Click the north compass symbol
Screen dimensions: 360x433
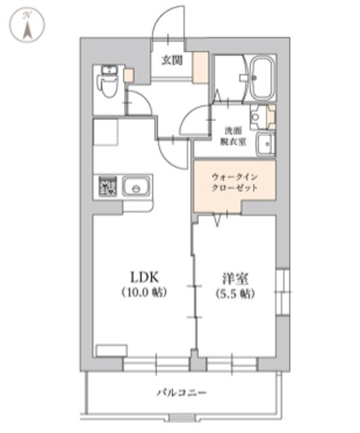(x=27, y=26)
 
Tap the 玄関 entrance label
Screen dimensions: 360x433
(x=172, y=60)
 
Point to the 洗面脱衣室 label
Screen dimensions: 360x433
(x=233, y=136)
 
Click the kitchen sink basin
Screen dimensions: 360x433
(x=136, y=187)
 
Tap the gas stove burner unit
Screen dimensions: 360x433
(x=108, y=187)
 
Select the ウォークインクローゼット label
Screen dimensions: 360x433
(x=234, y=182)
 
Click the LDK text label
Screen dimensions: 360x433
(x=144, y=277)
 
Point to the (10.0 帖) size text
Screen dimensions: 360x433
(x=144, y=292)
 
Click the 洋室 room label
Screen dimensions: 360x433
(x=235, y=278)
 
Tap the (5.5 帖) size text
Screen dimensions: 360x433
(x=235, y=294)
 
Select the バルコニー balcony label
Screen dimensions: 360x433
(x=181, y=392)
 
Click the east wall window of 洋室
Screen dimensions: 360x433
(x=282, y=292)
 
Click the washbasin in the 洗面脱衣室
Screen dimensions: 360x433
(x=265, y=144)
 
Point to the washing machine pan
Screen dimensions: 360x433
(x=106, y=132)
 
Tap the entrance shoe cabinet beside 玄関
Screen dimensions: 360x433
(x=200, y=68)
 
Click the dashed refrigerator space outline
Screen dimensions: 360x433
(x=106, y=132)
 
